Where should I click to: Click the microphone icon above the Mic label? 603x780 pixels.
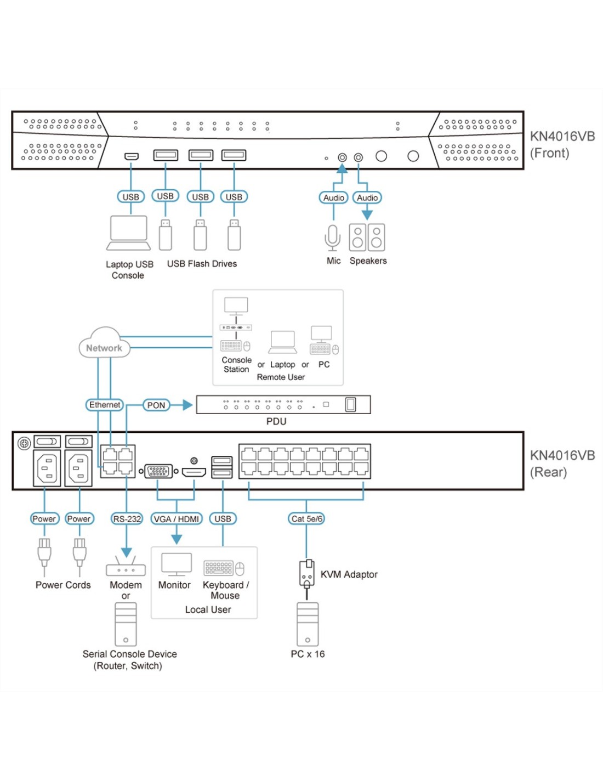[333, 238]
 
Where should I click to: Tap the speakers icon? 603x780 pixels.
[367, 238]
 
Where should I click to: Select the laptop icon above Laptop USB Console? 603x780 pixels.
[128, 233]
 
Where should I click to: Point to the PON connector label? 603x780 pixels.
[156, 405]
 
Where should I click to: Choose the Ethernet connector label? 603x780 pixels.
[104, 405]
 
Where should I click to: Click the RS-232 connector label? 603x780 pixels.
[127, 519]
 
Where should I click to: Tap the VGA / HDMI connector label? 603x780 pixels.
[176, 519]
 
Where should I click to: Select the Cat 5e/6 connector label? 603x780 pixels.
[306, 519]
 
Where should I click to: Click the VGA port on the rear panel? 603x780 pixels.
[158, 471]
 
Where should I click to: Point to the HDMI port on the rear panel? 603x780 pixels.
[194, 472]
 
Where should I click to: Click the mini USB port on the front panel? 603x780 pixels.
[132, 156]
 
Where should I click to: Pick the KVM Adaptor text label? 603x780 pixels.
[349, 574]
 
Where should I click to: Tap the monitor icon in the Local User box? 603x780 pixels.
[177, 564]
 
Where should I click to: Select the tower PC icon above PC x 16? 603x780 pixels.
[308, 624]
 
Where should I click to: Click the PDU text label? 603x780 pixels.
[276, 421]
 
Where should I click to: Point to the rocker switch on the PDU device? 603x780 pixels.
[350, 405]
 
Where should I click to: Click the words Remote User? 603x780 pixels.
[281, 377]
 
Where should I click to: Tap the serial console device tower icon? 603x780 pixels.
[126, 624]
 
